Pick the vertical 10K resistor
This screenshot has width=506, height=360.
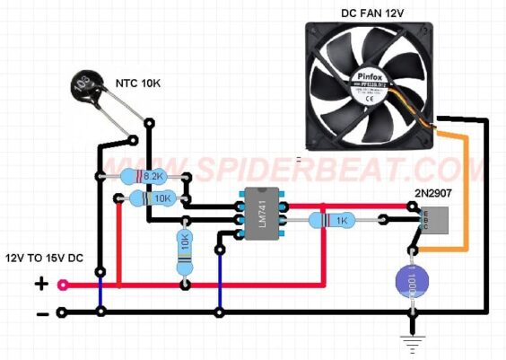(185, 243)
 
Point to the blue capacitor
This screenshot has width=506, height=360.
(412, 282)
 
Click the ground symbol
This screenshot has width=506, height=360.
(412, 341)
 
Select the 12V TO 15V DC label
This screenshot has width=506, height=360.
(45, 259)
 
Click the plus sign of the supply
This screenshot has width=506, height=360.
(40, 285)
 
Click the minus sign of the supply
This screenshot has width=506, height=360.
(40, 313)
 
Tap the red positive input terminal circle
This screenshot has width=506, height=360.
(62, 285)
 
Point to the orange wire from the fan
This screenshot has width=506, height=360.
(463, 189)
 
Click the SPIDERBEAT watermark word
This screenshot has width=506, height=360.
(296, 171)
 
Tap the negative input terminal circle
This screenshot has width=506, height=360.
(62, 312)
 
